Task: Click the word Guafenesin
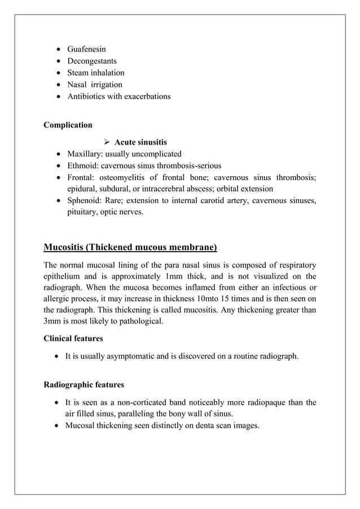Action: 86,49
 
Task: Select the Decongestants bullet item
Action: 92,61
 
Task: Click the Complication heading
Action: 68,125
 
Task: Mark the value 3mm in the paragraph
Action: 55,322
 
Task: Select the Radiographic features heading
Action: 84,385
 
